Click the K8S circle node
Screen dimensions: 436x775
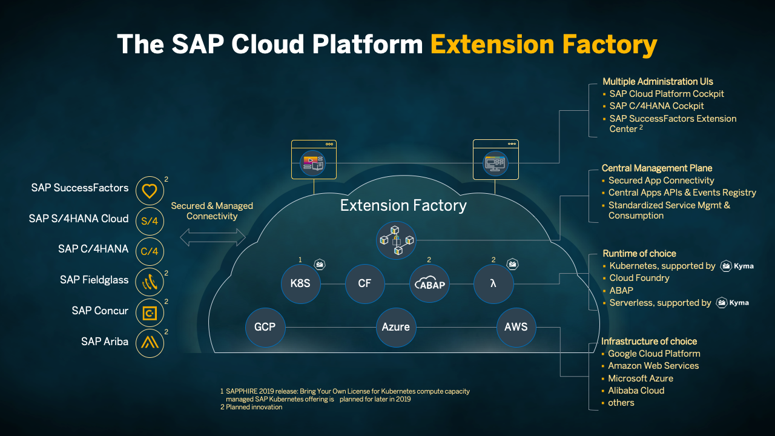pos(300,283)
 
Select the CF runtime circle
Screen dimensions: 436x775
pos(364,283)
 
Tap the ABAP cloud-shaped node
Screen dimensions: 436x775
pos(429,283)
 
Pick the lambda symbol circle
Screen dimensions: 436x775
pos(493,283)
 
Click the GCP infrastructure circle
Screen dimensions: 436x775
pos(265,327)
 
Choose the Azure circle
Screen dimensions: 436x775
pos(395,327)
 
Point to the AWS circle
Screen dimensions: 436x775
pos(516,327)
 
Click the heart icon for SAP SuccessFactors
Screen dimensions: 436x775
pos(150,191)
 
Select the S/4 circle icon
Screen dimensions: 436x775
pos(150,221)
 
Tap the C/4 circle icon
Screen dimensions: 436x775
pos(150,251)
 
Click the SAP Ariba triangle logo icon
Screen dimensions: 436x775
pos(150,343)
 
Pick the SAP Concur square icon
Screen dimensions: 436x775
pos(150,312)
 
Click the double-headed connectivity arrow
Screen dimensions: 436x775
pos(213,237)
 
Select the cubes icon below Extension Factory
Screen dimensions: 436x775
pos(396,240)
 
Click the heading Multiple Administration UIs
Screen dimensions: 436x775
pos(658,81)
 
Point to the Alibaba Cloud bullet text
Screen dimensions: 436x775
pos(636,391)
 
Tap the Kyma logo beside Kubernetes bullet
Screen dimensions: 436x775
pos(737,266)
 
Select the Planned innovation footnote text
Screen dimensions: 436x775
pos(253,407)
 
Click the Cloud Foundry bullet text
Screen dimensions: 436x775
pos(639,278)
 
